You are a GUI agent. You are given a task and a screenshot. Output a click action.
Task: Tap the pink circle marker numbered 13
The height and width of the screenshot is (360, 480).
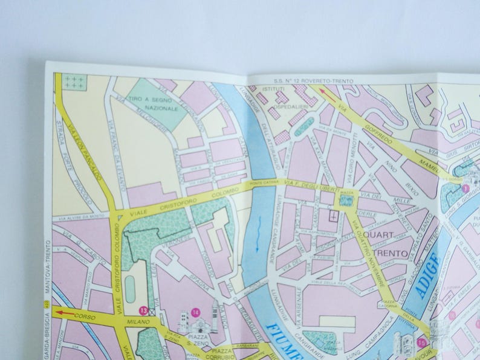point(143,310)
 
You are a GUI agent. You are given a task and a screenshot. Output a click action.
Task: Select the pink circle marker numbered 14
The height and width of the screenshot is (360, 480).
point(195,312)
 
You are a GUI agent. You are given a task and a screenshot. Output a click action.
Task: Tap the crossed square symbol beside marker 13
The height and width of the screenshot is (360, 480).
point(152,312)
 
